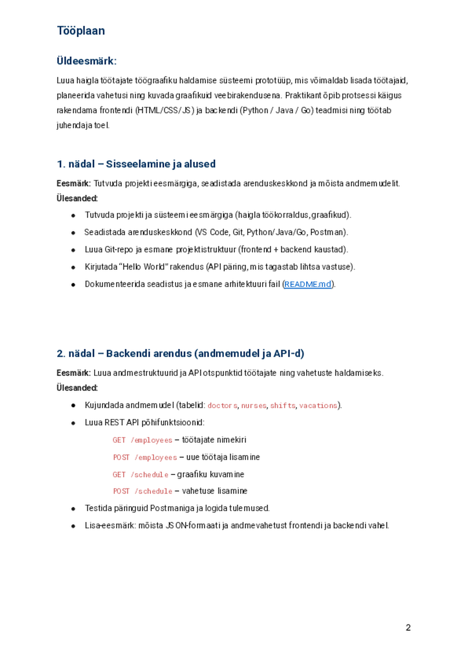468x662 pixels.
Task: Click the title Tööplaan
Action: click(x=81, y=31)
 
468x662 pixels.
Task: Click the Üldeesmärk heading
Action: click(x=86, y=61)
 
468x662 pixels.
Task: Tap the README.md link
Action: click(x=308, y=284)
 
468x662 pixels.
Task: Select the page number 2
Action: click(x=408, y=628)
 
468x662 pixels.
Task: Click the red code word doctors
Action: click(x=222, y=406)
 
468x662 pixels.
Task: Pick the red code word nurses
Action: click(x=253, y=406)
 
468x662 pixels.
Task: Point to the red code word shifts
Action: click(x=283, y=406)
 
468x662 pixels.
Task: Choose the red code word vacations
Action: click(x=318, y=406)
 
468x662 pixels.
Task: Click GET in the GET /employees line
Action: click(x=119, y=440)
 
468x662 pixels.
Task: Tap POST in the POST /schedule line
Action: click(x=121, y=491)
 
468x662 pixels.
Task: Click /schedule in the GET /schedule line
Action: click(x=149, y=475)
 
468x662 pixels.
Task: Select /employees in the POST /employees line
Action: click(x=156, y=457)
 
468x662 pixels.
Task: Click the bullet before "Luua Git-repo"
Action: click(x=73, y=250)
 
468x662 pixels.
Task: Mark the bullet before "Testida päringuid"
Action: click(x=73, y=509)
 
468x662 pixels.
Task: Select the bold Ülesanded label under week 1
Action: click(x=77, y=198)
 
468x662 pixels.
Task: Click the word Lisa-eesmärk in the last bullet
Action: click(x=110, y=526)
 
